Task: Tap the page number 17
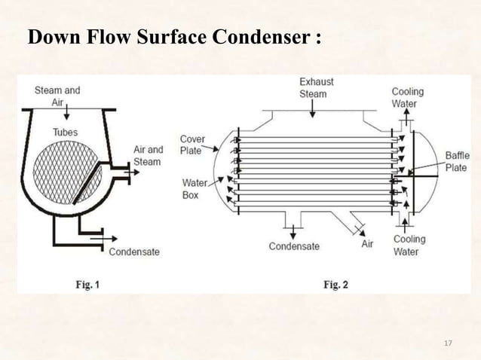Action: [x=448, y=344]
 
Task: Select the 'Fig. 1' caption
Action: [x=87, y=285]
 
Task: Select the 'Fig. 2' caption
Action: [x=335, y=285]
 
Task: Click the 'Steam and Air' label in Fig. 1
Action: [x=57, y=96]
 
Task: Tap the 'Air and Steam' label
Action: [x=148, y=155]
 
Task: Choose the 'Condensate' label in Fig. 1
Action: [x=134, y=252]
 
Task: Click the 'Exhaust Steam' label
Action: [x=316, y=87]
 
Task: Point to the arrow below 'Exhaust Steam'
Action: [x=316, y=110]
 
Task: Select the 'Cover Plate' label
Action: [x=191, y=145]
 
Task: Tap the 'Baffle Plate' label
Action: [x=455, y=161]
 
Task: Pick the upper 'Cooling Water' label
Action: [x=407, y=97]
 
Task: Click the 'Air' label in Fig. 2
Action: [x=367, y=244]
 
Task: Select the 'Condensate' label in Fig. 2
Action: [x=294, y=246]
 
